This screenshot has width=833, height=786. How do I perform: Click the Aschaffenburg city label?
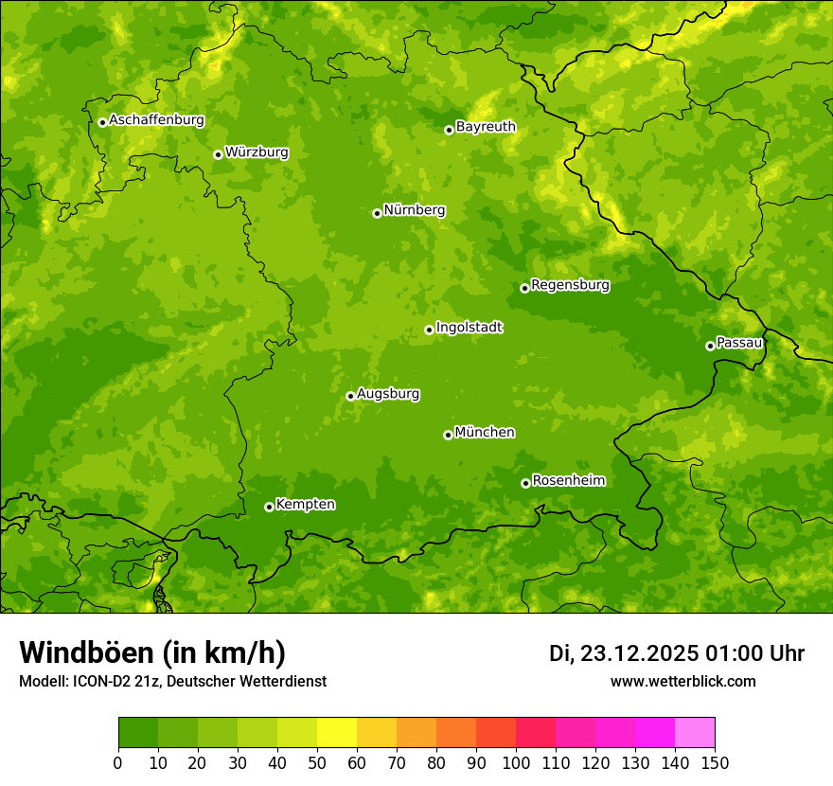[156, 120]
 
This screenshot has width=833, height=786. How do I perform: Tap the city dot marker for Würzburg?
[218, 154]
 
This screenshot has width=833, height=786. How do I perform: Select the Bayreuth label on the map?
[486, 127]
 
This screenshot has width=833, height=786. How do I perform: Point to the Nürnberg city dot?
[377, 213]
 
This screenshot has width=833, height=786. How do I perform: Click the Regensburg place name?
[570, 285]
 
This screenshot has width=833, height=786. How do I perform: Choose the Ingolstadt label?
[469, 328]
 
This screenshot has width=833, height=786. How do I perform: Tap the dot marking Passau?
[710, 346]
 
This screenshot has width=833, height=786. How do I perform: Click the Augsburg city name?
[388, 394]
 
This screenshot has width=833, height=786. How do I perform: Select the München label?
[485, 433]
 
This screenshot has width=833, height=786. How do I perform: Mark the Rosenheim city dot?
[525, 483]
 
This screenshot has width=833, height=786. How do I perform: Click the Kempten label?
[305, 505]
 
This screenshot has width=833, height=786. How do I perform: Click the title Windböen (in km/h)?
[152, 652]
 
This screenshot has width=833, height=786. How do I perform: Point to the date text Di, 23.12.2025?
[623, 653]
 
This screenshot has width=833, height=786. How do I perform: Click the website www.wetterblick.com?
[682, 681]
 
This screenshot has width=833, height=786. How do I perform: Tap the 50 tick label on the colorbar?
[317, 762]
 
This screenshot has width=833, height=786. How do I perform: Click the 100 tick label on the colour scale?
[516, 762]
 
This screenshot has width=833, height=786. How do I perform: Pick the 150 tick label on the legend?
[715, 762]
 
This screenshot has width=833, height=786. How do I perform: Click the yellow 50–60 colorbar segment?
[337, 732]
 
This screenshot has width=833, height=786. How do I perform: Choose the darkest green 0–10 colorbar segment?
[138, 732]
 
